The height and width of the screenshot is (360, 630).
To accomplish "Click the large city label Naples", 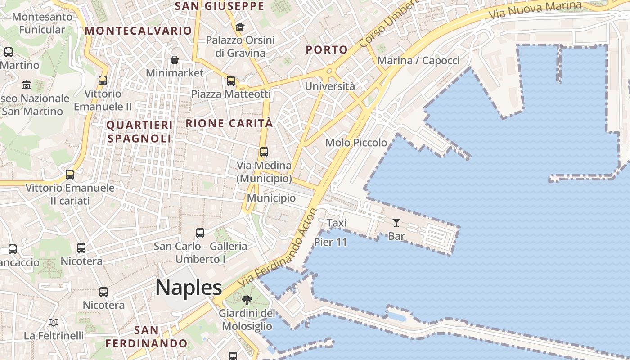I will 189,288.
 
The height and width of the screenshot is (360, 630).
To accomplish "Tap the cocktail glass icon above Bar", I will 396,222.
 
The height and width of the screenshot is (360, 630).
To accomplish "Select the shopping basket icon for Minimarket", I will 174,60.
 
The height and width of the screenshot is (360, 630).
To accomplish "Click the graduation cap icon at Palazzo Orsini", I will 239,27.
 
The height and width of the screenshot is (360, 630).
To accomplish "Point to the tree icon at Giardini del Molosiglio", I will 247,300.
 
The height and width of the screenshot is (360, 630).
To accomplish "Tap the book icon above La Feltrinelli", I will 54,322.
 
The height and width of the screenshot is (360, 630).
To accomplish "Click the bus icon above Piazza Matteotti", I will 231,81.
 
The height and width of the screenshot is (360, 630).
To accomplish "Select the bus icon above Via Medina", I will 264,152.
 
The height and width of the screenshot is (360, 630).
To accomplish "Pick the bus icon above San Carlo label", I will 200,233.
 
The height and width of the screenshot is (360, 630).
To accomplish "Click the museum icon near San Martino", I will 27,84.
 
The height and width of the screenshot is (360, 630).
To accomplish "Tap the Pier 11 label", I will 331,242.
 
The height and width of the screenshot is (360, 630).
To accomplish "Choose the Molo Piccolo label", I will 356,143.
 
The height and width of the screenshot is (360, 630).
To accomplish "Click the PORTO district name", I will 327,49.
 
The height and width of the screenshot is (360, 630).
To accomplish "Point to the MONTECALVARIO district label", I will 139,31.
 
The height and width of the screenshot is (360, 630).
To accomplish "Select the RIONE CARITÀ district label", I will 229,123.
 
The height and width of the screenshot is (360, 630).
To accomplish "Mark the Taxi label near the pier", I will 337,223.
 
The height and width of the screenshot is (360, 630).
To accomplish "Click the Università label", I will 330,86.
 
